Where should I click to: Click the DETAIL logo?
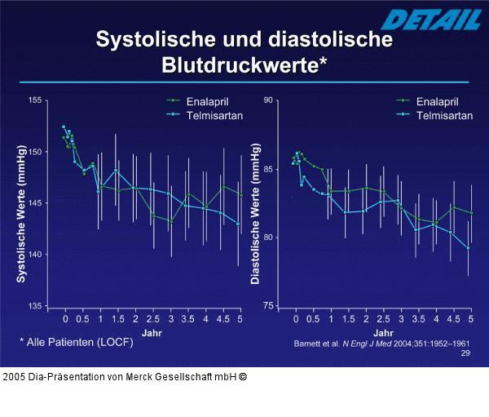pos(423,18)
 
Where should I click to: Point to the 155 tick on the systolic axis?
pos(35,100)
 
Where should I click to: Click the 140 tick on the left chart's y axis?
pos(35,255)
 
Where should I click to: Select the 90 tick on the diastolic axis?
pos(268,100)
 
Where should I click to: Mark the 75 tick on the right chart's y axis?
pos(268,306)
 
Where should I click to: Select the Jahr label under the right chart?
pos(381,333)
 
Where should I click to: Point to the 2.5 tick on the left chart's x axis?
pos(152,320)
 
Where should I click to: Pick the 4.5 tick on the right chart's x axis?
pos(453,320)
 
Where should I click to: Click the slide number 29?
pos(465,353)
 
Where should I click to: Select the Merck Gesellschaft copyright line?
pos(125,377)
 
